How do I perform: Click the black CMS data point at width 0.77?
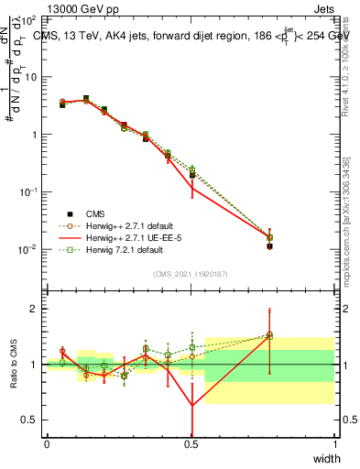[269, 246]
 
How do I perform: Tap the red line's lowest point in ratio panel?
[191, 406]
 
